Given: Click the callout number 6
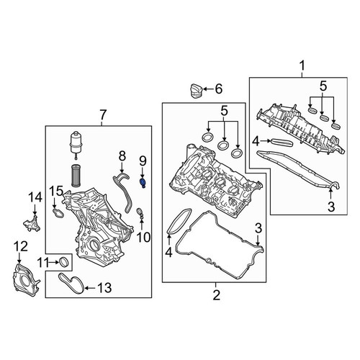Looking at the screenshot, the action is [x=219, y=89].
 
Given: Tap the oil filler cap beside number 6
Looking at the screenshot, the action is [x=197, y=91].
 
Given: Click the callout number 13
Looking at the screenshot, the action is [x=104, y=287].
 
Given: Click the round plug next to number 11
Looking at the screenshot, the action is [x=64, y=262].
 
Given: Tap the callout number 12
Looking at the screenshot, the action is [x=21, y=246].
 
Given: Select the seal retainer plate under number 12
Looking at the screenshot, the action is [x=25, y=279].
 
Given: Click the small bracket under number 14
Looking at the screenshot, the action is [x=32, y=224].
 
